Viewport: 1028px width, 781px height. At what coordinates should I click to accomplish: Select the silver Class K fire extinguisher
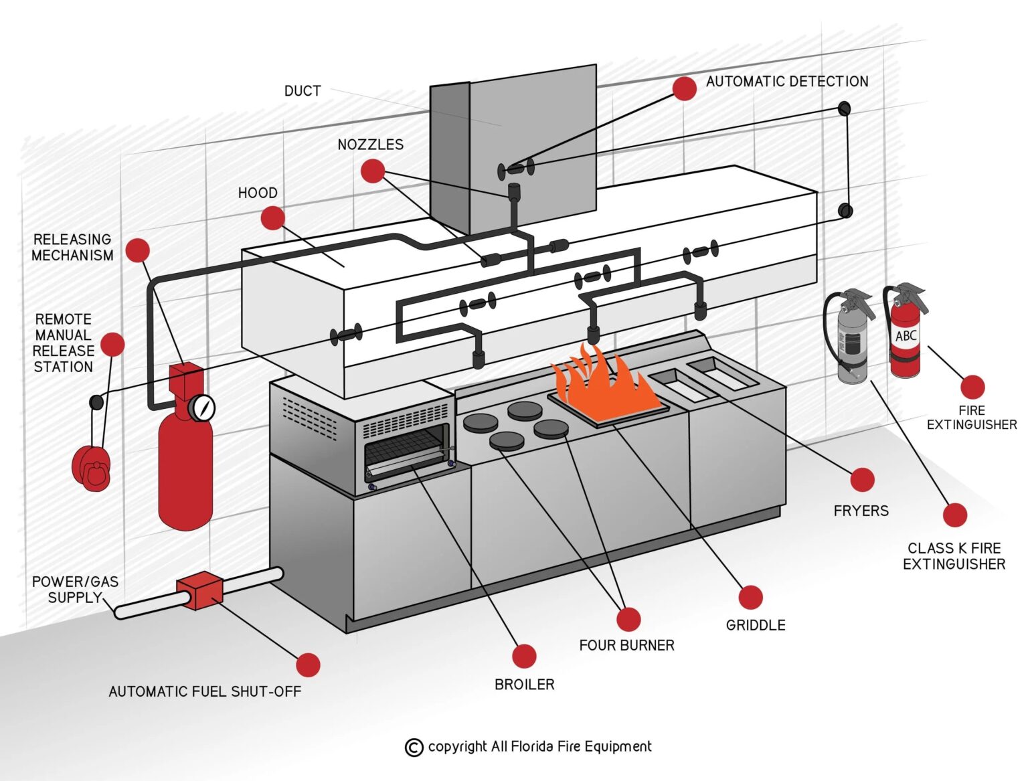click(x=852, y=341)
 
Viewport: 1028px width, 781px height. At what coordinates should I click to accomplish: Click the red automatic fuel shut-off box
click(x=199, y=591)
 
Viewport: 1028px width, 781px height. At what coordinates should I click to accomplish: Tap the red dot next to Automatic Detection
click(x=684, y=88)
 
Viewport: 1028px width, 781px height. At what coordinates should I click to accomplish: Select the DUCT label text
click(x=303, y=91)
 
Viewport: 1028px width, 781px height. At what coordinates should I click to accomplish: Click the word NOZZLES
click(x=370, y=145)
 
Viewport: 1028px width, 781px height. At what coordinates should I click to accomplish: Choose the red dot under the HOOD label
click(x=272, y=218)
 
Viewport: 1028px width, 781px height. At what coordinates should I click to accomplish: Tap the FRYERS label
click(x=861, y=511)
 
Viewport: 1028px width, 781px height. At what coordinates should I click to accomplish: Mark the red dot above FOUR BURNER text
click(x=628, y=619)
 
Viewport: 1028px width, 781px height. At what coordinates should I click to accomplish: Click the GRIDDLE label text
click(x=756, y=625)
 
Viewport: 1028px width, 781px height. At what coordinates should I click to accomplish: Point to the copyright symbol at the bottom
click(x=414, y=747)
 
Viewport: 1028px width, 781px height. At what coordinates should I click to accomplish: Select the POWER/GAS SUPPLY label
click(x=74, y=590)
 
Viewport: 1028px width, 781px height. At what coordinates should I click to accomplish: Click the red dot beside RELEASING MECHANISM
click(x=137, y=250)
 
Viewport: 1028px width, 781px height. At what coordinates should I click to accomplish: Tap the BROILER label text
click(x=524, y=685)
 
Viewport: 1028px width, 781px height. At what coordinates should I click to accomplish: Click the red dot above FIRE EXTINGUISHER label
click(x=972, y=387)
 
